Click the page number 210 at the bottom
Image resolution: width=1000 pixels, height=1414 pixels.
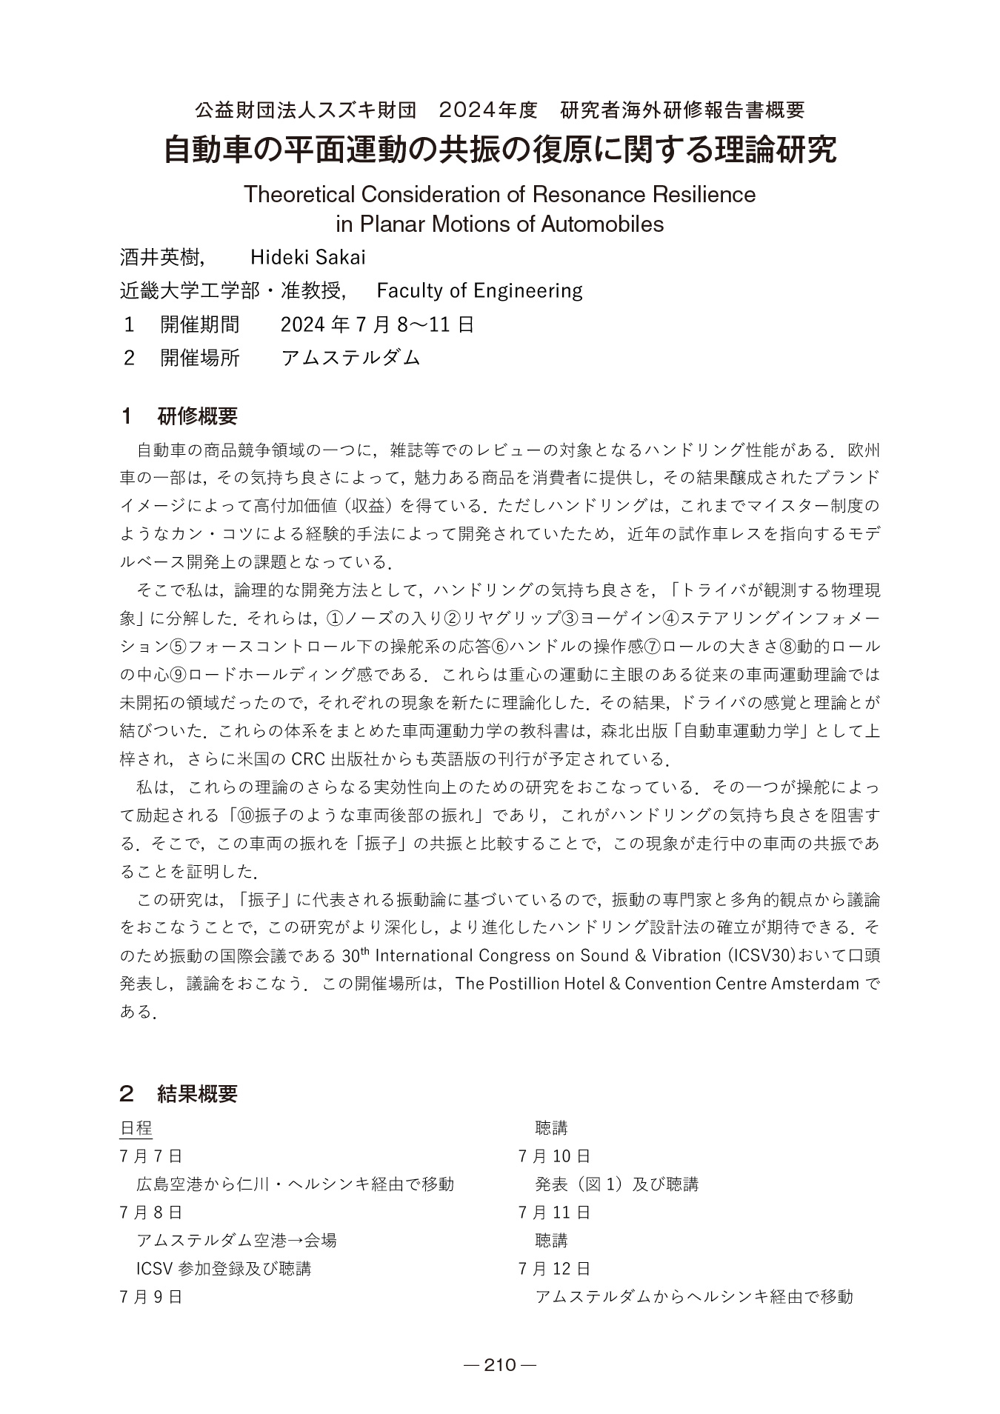(x=499, y=1365)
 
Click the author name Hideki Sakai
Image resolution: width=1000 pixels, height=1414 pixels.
(x=307, y=257)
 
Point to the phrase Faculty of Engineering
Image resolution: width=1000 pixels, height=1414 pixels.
(x=479, y=290)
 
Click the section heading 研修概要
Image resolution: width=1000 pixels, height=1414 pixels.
(x=198, y=416)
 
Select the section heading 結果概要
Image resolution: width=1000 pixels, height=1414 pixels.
(x=198, y=1094)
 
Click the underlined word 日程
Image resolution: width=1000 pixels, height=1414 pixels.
(x=136, y=1128)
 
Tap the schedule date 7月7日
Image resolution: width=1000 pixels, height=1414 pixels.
(x=150, y=1156)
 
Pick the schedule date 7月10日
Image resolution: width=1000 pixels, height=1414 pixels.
(x=554, y=1156)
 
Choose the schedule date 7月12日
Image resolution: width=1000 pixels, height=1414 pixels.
(x=554, y=1269)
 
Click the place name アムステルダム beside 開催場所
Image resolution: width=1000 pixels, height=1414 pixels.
(x=350, y=358)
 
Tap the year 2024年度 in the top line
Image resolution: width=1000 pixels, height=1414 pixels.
(x=487, y=110)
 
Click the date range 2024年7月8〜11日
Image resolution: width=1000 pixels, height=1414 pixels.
(x=378, y=324)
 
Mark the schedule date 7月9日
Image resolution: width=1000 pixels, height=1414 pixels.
(x=150, y=1297)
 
